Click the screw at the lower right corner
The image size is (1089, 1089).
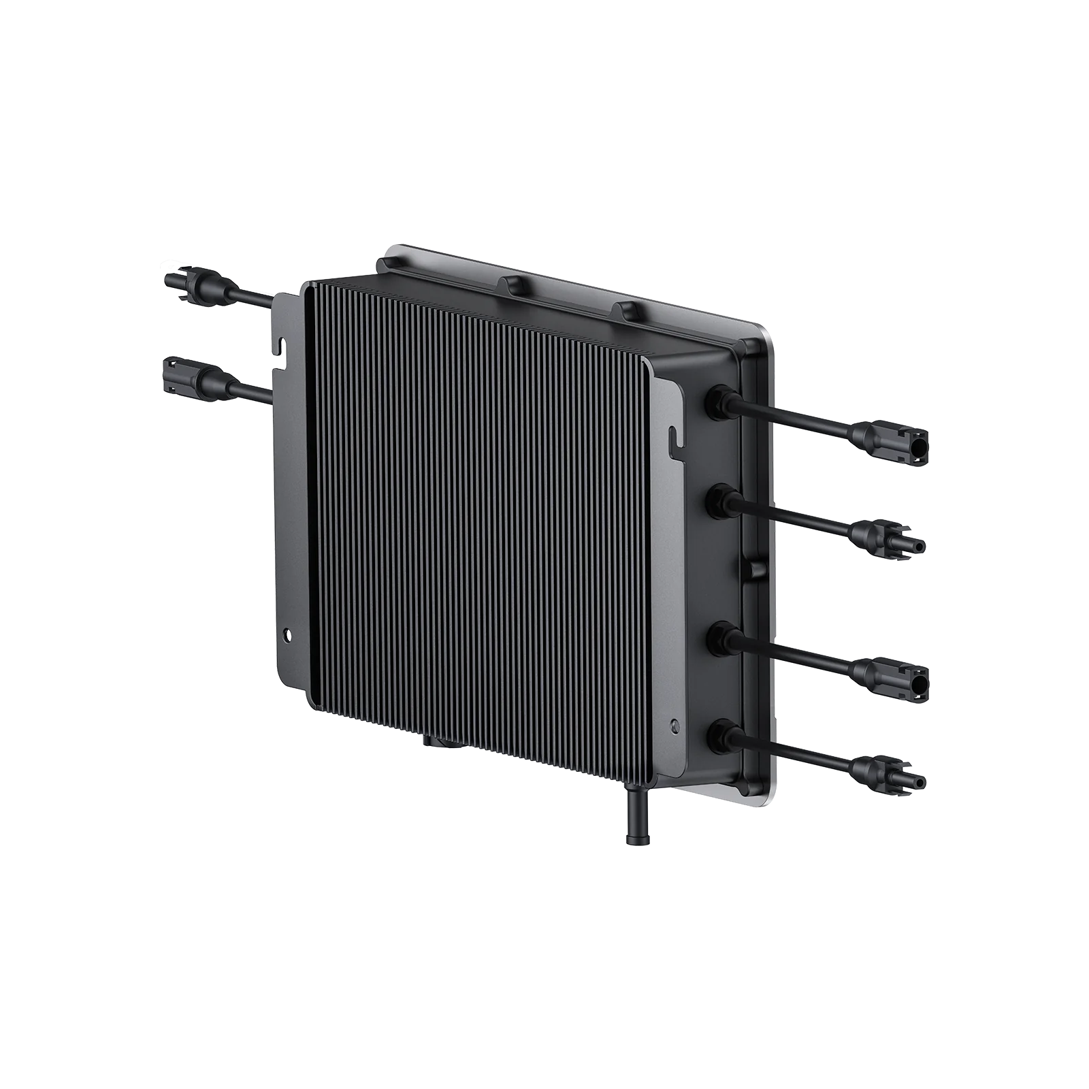[674, 726]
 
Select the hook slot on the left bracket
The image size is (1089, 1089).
[280, 344]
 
